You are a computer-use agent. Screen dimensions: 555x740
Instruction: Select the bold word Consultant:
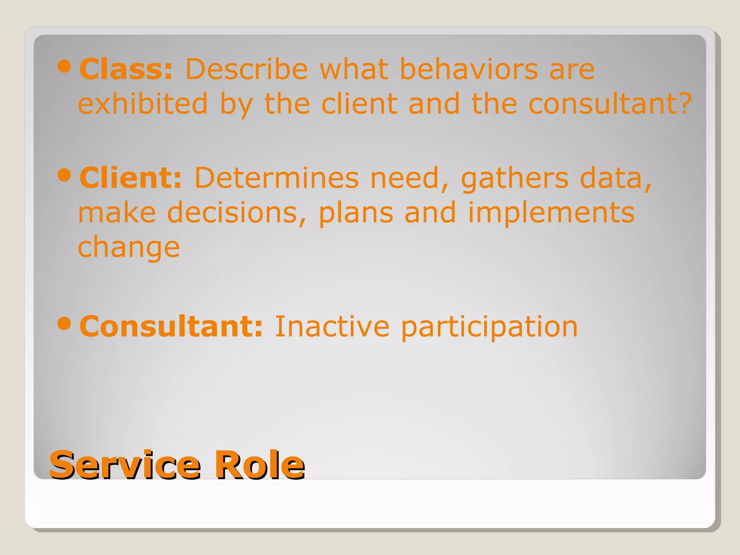click(x=171, y=326)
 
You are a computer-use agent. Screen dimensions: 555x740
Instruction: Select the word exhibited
click(x=143, y=104)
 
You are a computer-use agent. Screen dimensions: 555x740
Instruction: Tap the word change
click(x=129, y=249)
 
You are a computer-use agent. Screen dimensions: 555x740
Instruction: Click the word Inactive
click(x=332, y=326)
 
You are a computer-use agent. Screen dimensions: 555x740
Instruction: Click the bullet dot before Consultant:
click(x=64, y=324)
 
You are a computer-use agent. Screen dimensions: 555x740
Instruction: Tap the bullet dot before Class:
click(x=64, y=66)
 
